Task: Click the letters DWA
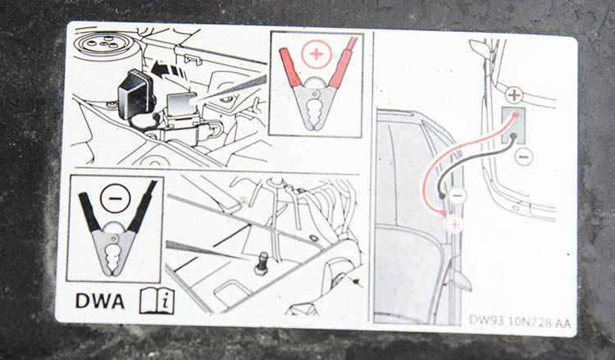[x=99, y=301]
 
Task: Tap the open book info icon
[x=157, y=301]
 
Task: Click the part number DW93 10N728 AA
[x=520, y=322]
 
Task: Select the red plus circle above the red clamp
[x=317, y=54]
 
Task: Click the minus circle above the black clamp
[x=115, y=198]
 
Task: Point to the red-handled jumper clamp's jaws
[x=316, y=106]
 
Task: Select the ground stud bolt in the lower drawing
[x=262, y=263]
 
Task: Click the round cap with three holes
[x=103, y=45]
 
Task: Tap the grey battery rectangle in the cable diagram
[x=513, y=125]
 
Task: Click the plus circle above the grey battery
[x=514, y=95]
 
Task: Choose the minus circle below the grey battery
[x=524, y=157]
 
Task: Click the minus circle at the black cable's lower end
[x=458, y=195]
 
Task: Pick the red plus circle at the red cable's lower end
[x=454, y=225]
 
